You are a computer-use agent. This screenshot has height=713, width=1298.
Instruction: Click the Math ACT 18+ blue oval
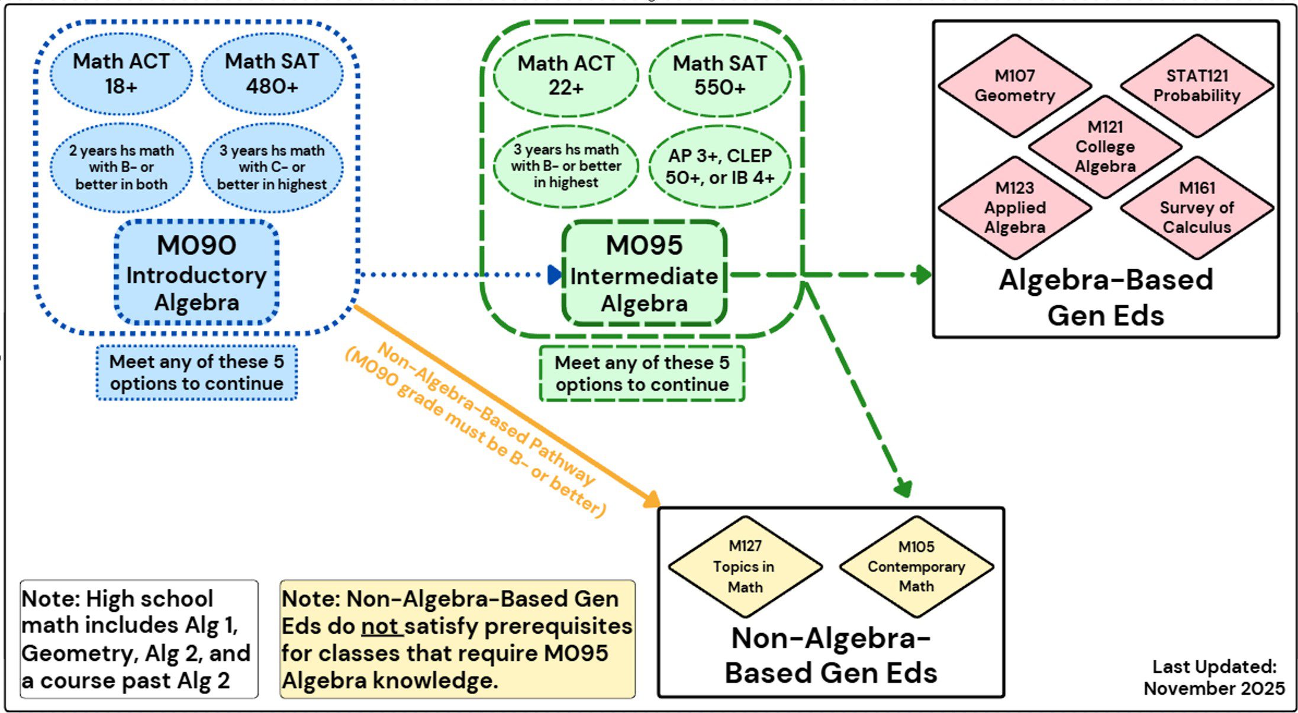(x=121, y=74)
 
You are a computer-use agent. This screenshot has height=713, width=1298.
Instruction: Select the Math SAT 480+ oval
(x=272, y=74)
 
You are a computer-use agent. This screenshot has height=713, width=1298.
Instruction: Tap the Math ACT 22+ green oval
(x=566, y=75)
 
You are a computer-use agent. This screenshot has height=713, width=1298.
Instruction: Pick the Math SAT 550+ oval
(x=720, y=75)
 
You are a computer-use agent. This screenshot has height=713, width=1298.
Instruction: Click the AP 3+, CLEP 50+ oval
(x=720, y=167)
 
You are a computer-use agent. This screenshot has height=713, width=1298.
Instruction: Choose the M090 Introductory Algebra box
(x=197, y=273)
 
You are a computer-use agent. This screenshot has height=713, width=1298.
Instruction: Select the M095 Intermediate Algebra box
(x=644, y=274)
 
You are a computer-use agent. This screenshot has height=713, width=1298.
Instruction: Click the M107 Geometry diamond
(x=1014, y=86)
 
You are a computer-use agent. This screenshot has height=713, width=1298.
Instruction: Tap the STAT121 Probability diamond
(x=1196, y=86)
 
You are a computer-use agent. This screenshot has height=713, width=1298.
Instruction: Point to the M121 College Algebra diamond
(x=1105, y=147)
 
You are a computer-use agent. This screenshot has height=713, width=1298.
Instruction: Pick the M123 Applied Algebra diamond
(x=1014, y=208)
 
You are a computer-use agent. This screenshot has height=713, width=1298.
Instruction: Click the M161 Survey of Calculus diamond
(x=1196, y=208)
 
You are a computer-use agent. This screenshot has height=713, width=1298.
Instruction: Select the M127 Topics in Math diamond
(x=745, y=567)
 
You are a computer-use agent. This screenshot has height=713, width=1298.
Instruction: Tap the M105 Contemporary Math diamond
(x=916, y=567)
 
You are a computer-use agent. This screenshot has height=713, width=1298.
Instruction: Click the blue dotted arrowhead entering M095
(x=555, y=275)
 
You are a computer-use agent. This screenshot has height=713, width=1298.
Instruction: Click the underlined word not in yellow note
(x=381, y=626)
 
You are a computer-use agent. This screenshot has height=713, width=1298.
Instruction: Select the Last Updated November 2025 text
(x=1214, y=677)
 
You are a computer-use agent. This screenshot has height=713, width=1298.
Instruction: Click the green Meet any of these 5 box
(x=642, y=373)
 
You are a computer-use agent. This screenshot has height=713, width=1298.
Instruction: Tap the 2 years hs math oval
(x=121, y=167)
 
